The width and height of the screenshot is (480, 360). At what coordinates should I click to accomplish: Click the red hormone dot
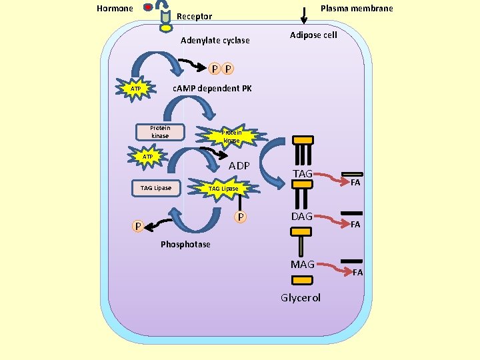[x=149, y=8]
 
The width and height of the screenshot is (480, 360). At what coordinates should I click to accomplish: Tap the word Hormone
[x=115, y=9]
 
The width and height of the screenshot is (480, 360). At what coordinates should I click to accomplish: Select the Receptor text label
[x=195, y=17]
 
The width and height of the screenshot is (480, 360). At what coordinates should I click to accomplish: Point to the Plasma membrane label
[x=357, y=9]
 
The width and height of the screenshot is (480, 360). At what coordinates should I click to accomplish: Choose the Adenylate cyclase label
[x=215, y=41]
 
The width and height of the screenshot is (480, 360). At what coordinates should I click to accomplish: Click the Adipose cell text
[x=313, y=35]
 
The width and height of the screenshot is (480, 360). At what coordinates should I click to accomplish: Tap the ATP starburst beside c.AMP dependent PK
[x=135, y=89]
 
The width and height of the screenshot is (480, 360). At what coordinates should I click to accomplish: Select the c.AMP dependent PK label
[x=212, y=89]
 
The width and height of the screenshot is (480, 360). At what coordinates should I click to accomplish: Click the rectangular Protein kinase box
[x=160, y=132]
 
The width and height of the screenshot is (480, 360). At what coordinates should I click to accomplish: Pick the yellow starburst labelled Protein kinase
[x=231, y=137]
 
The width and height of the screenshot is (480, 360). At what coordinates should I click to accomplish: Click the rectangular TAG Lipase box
[x=156, y=188]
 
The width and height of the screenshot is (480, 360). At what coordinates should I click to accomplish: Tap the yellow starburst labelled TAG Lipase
[x=223, y=189]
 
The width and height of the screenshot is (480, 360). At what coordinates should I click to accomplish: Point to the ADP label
[x=239, y=165]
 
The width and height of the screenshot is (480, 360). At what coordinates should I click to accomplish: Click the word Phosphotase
[x=185, y=245]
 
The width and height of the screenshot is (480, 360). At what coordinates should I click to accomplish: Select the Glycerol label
[x=301, y=298]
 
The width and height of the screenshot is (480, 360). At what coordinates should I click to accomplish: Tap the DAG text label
[x=302, y=217]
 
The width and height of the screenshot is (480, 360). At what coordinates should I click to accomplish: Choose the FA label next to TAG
[x=356, y=182]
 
